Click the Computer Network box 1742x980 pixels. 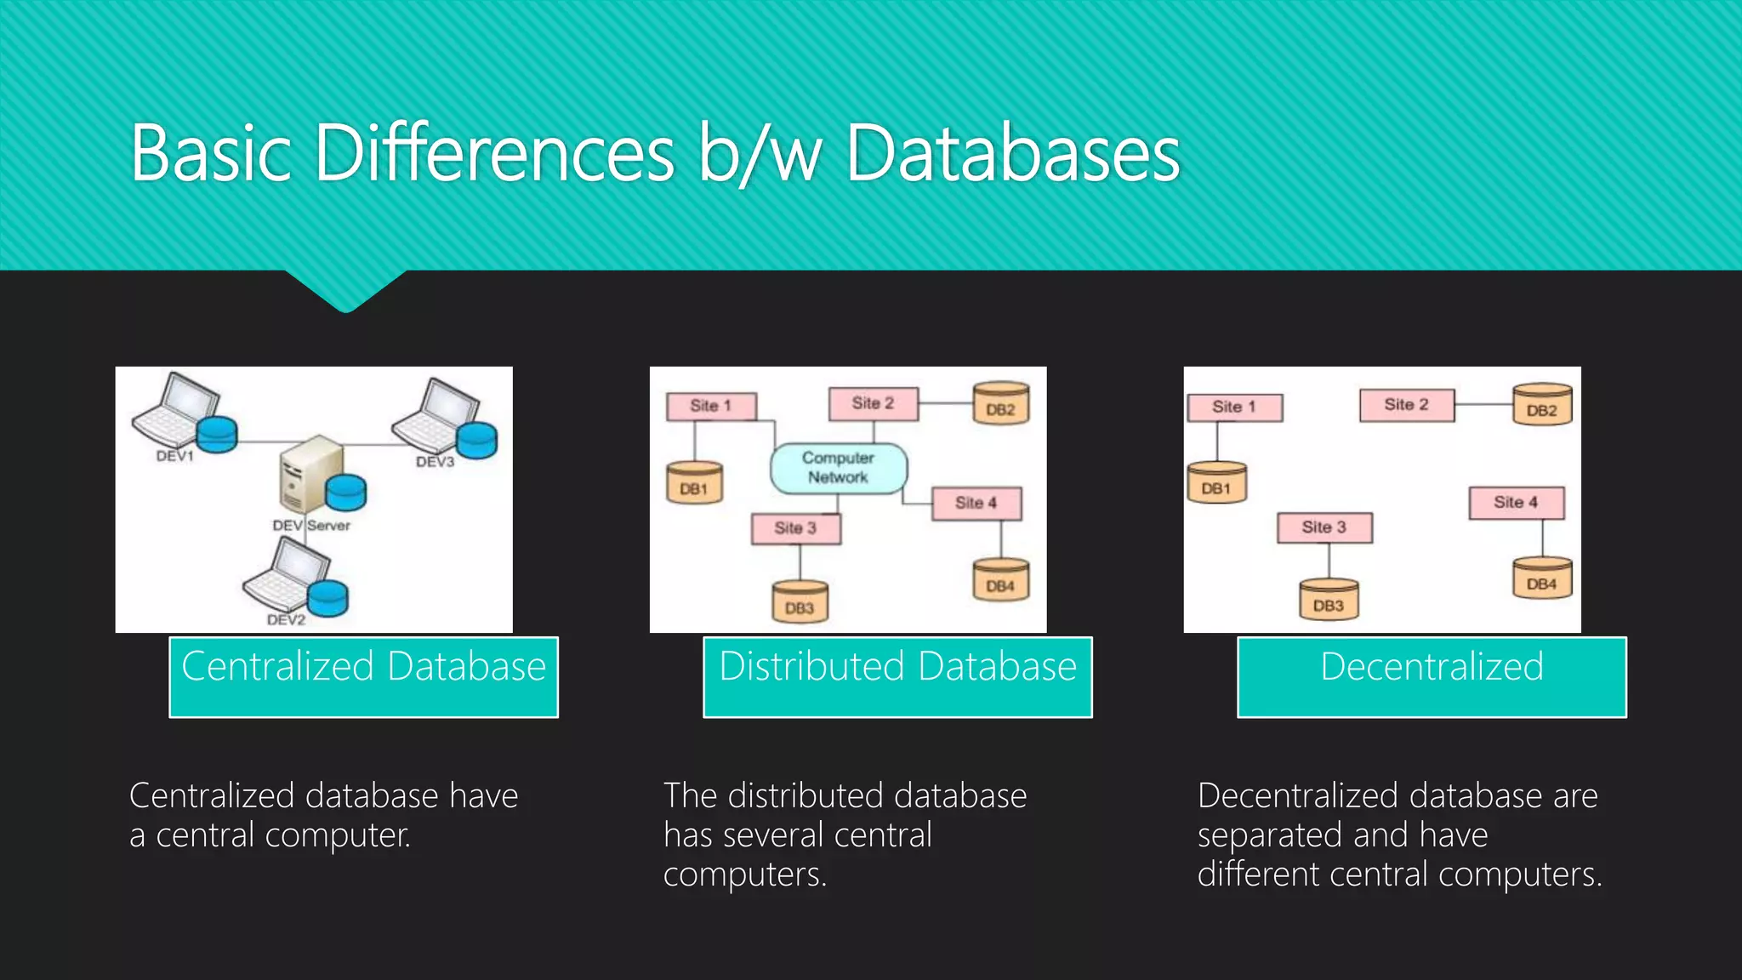839,468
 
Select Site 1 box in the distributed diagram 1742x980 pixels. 711,406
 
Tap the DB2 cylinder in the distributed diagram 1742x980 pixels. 1001,403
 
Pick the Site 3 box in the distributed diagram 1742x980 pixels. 795,528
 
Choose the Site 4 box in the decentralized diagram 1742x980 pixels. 1516,502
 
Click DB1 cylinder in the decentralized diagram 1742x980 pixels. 1216,483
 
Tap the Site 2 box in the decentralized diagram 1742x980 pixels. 1406,405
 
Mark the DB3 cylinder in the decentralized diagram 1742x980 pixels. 1329,600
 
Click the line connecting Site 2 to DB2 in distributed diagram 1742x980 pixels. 946,403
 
